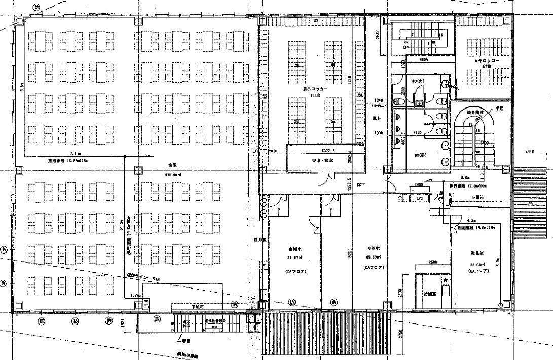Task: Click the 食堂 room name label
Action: pyautogui.click(x=172, y=165)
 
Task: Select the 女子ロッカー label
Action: pyautogui.click(x=487, y=60)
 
